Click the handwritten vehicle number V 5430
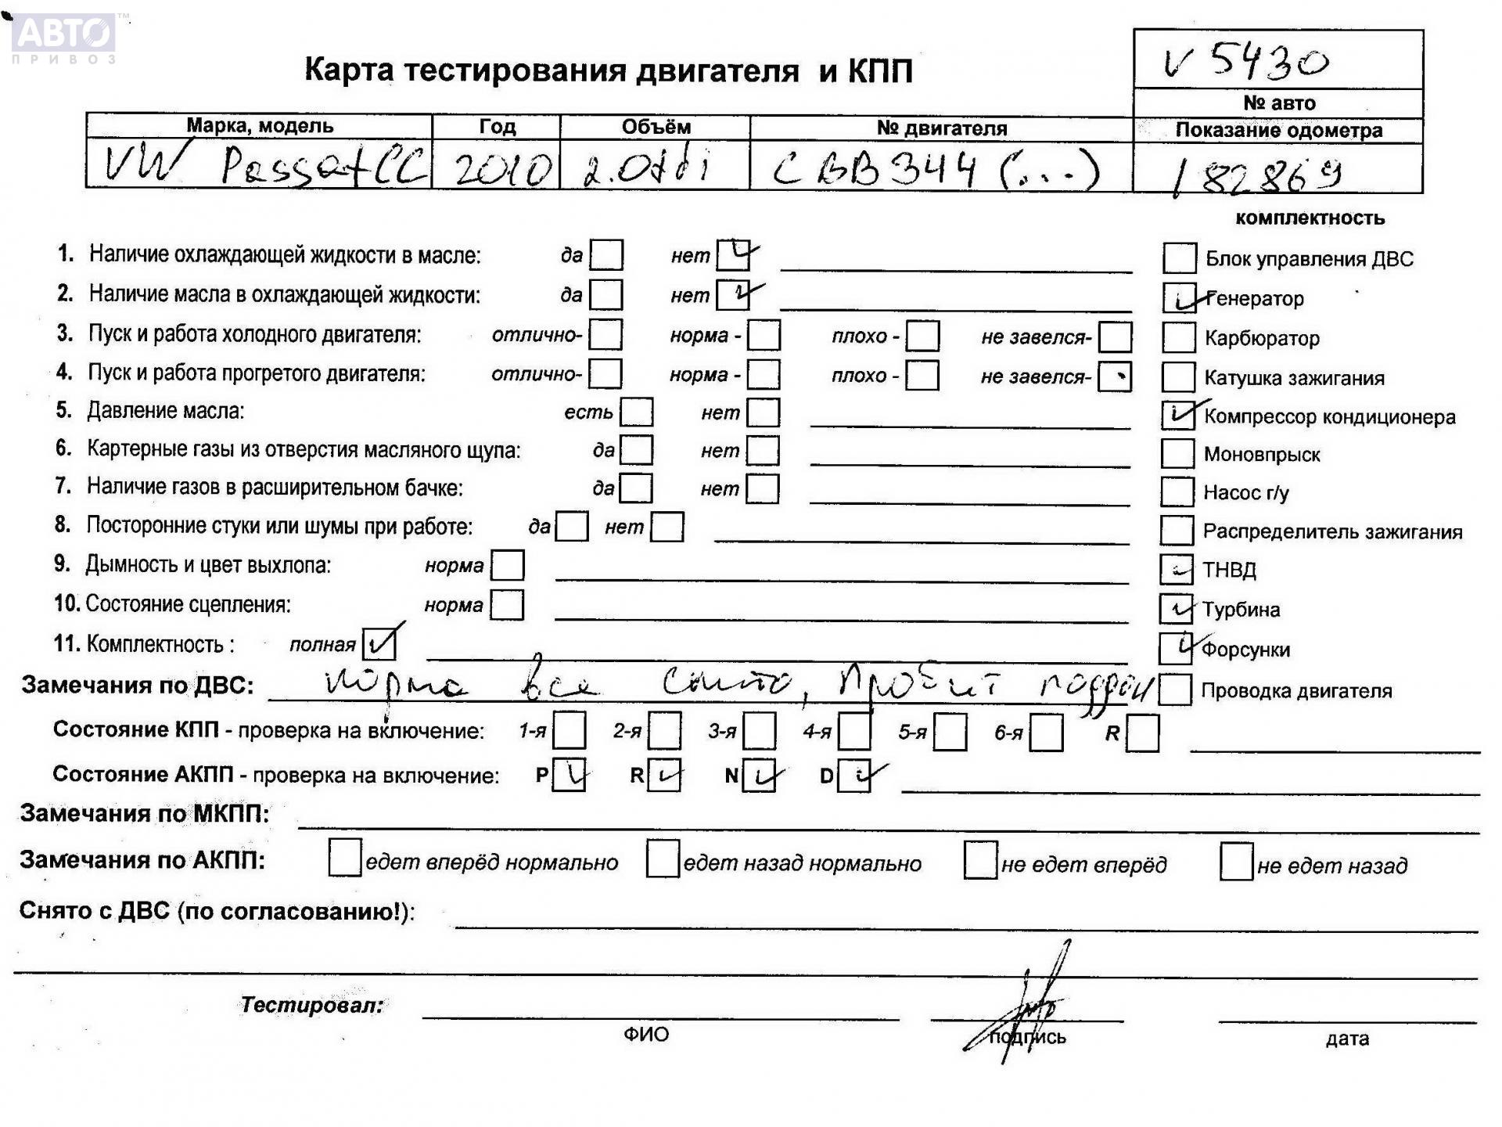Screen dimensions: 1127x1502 tap(1247, 61)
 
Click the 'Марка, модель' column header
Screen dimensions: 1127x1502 tap(260, 126)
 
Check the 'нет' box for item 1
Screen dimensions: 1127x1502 tap(733, 254)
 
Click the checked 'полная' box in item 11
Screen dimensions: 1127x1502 tap(380, 644)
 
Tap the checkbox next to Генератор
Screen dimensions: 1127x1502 tap(1180, 298)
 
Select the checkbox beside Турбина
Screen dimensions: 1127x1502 tap(1176, 609)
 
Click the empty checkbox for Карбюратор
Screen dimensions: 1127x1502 tap(1179, 338)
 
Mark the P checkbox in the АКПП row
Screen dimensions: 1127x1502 tap(569, 776)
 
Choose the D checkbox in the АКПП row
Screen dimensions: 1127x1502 tap(853, 776)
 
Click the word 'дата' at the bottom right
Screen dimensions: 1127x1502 tap(1347, 1039)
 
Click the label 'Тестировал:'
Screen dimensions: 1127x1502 tap(312, 1005)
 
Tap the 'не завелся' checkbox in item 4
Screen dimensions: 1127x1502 tap(1114, 377)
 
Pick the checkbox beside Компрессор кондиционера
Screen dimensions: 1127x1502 tap(1177, 416)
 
